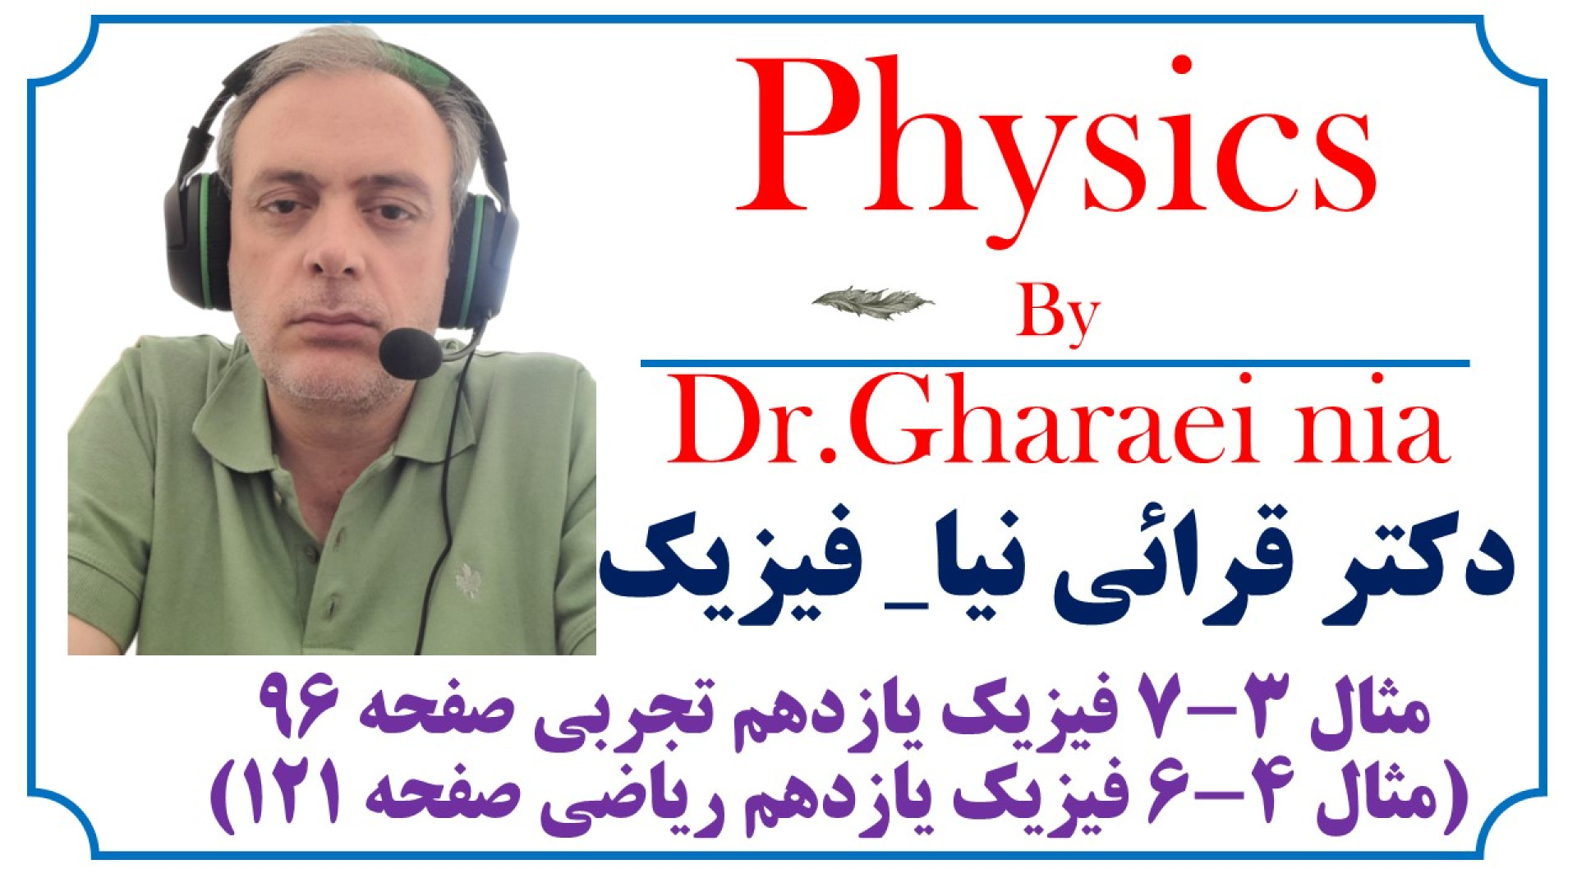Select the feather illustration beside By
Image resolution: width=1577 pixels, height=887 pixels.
[x=872, y=302]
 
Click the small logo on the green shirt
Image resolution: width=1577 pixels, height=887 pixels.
[x=469, y=579]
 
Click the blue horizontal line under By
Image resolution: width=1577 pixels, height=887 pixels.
[x=1055, y=363]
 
